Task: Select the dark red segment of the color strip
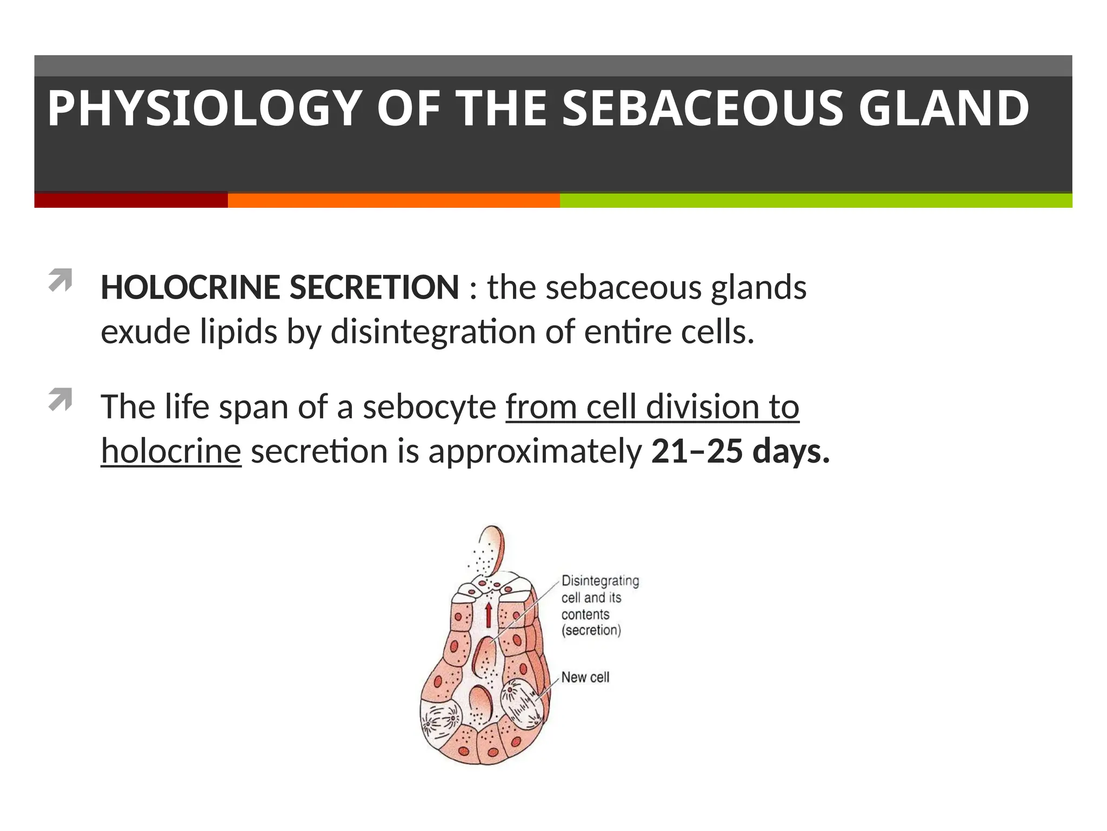[131, 200]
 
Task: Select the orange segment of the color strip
[394, 200]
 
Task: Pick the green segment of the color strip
[815, 200]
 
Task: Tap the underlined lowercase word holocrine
[171, 451]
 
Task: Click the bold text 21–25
[697, 451]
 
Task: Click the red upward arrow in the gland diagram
[488, 615]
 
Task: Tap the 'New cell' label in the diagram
[585, 677]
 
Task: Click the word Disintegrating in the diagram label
[600, 581]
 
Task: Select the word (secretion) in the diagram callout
[591, 630]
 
